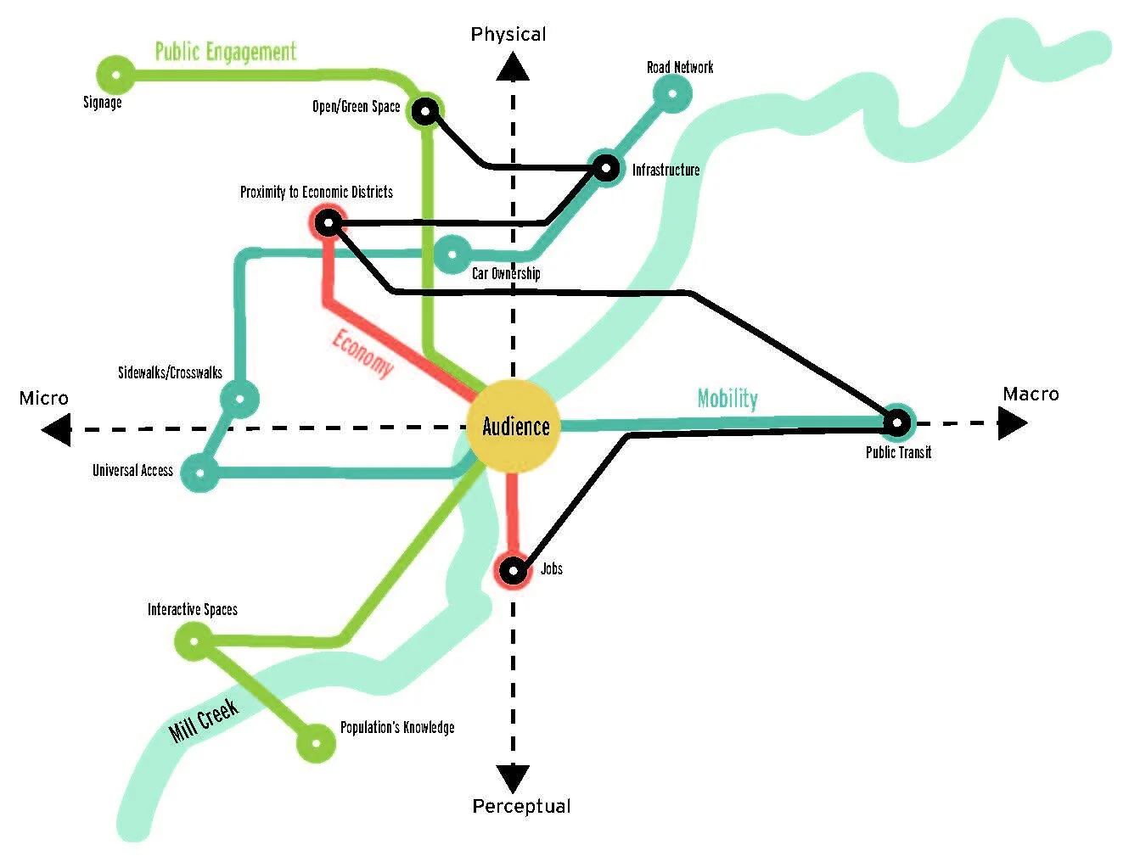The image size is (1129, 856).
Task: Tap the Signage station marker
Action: [116, 76]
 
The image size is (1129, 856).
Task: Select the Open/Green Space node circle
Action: [425, 110]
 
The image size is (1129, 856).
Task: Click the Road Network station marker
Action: [673, 93]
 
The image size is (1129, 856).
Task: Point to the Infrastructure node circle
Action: [605, 168]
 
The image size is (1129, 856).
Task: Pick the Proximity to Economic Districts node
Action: [328, 223]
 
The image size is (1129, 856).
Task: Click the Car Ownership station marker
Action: [452, 254]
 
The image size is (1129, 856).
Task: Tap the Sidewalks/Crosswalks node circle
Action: [239, 398]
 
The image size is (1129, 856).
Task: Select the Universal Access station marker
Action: [201, 473]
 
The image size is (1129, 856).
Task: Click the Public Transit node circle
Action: [896, 422]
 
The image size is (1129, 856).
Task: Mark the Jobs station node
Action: [513, 570]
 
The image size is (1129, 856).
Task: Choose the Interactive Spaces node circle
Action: [194, 640]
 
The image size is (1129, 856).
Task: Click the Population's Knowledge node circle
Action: [316, 742]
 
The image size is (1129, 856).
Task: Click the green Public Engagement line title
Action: [225, 52]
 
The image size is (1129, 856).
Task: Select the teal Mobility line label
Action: [727, 398]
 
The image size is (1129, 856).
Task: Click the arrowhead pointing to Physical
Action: [512, 67]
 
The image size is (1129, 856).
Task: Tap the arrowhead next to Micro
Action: [57, 430]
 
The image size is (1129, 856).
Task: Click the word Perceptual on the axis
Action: [521, 806]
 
